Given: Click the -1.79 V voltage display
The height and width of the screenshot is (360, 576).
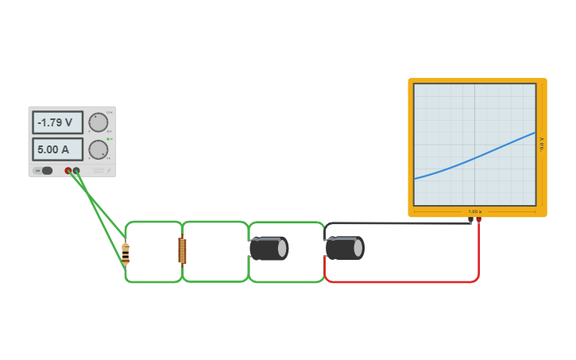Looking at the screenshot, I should (x=57, y=122).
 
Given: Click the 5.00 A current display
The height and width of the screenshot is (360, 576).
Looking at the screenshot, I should (x=57, y=149).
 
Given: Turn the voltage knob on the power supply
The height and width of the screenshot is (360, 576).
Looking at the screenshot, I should (x=98, y=122).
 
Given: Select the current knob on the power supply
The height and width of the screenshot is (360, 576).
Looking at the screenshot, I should (x=98, y=149).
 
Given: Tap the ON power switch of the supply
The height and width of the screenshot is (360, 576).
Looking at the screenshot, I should (x=46, y=170).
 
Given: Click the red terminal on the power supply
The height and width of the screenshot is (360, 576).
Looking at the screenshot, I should (x=68, y=170).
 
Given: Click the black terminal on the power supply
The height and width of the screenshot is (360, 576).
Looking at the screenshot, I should (x=76, y=170).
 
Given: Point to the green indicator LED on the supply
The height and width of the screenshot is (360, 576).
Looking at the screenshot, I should (x=108, y=138).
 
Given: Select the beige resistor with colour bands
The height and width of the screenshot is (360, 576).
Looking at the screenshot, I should (x=126, y=253).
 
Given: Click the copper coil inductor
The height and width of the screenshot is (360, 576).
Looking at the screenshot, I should (x=182, y=250).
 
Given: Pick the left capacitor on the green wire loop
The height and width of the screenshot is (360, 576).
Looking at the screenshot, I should (x=269, y=248).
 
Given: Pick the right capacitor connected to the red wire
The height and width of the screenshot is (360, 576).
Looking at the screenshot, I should (x=345, y=248).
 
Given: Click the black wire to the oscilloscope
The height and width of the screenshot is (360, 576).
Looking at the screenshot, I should (x=397, y=223).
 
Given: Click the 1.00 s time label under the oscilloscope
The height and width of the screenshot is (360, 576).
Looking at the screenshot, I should (x=474, y=211).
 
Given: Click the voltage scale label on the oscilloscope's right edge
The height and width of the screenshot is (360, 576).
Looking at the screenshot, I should (x=542, y=143).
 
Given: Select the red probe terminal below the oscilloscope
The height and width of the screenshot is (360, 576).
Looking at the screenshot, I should (x=478, y=219).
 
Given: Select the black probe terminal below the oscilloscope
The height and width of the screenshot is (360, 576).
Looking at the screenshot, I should (x=471, y=219).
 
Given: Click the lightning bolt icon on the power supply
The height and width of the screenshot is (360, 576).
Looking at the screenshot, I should (x=109, y=170).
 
